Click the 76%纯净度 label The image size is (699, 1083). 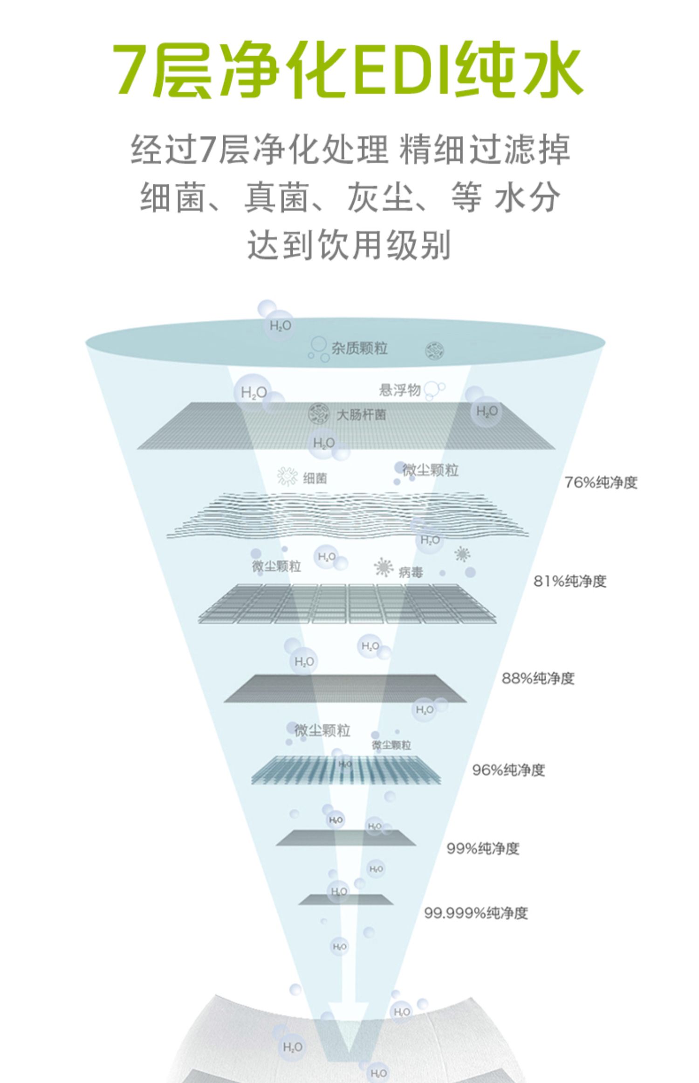pos(600,482)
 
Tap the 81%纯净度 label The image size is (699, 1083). pos(569,581)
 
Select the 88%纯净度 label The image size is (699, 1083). pos(538,678)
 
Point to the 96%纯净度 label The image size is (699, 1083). pos(508,770)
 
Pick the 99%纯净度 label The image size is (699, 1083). pos(483,848)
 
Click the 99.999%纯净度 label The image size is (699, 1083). pos(475,913)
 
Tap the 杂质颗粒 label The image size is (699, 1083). pos(359,348)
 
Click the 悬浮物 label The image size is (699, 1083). pos(400,390)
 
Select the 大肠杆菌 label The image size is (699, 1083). pos(361,415)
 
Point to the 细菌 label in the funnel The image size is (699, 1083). pos(315,478)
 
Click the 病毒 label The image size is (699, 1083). pos(411,572)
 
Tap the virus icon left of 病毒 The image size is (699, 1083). pos(383,567)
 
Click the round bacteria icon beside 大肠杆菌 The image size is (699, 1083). pos(319,414)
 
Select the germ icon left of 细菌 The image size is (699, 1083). pos(288,477)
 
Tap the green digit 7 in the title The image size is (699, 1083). pos(132,70)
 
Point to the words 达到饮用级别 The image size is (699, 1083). pos(349,244)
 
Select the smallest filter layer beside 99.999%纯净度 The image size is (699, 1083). pos(345,899)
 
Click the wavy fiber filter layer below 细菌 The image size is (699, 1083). pos(347,515)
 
